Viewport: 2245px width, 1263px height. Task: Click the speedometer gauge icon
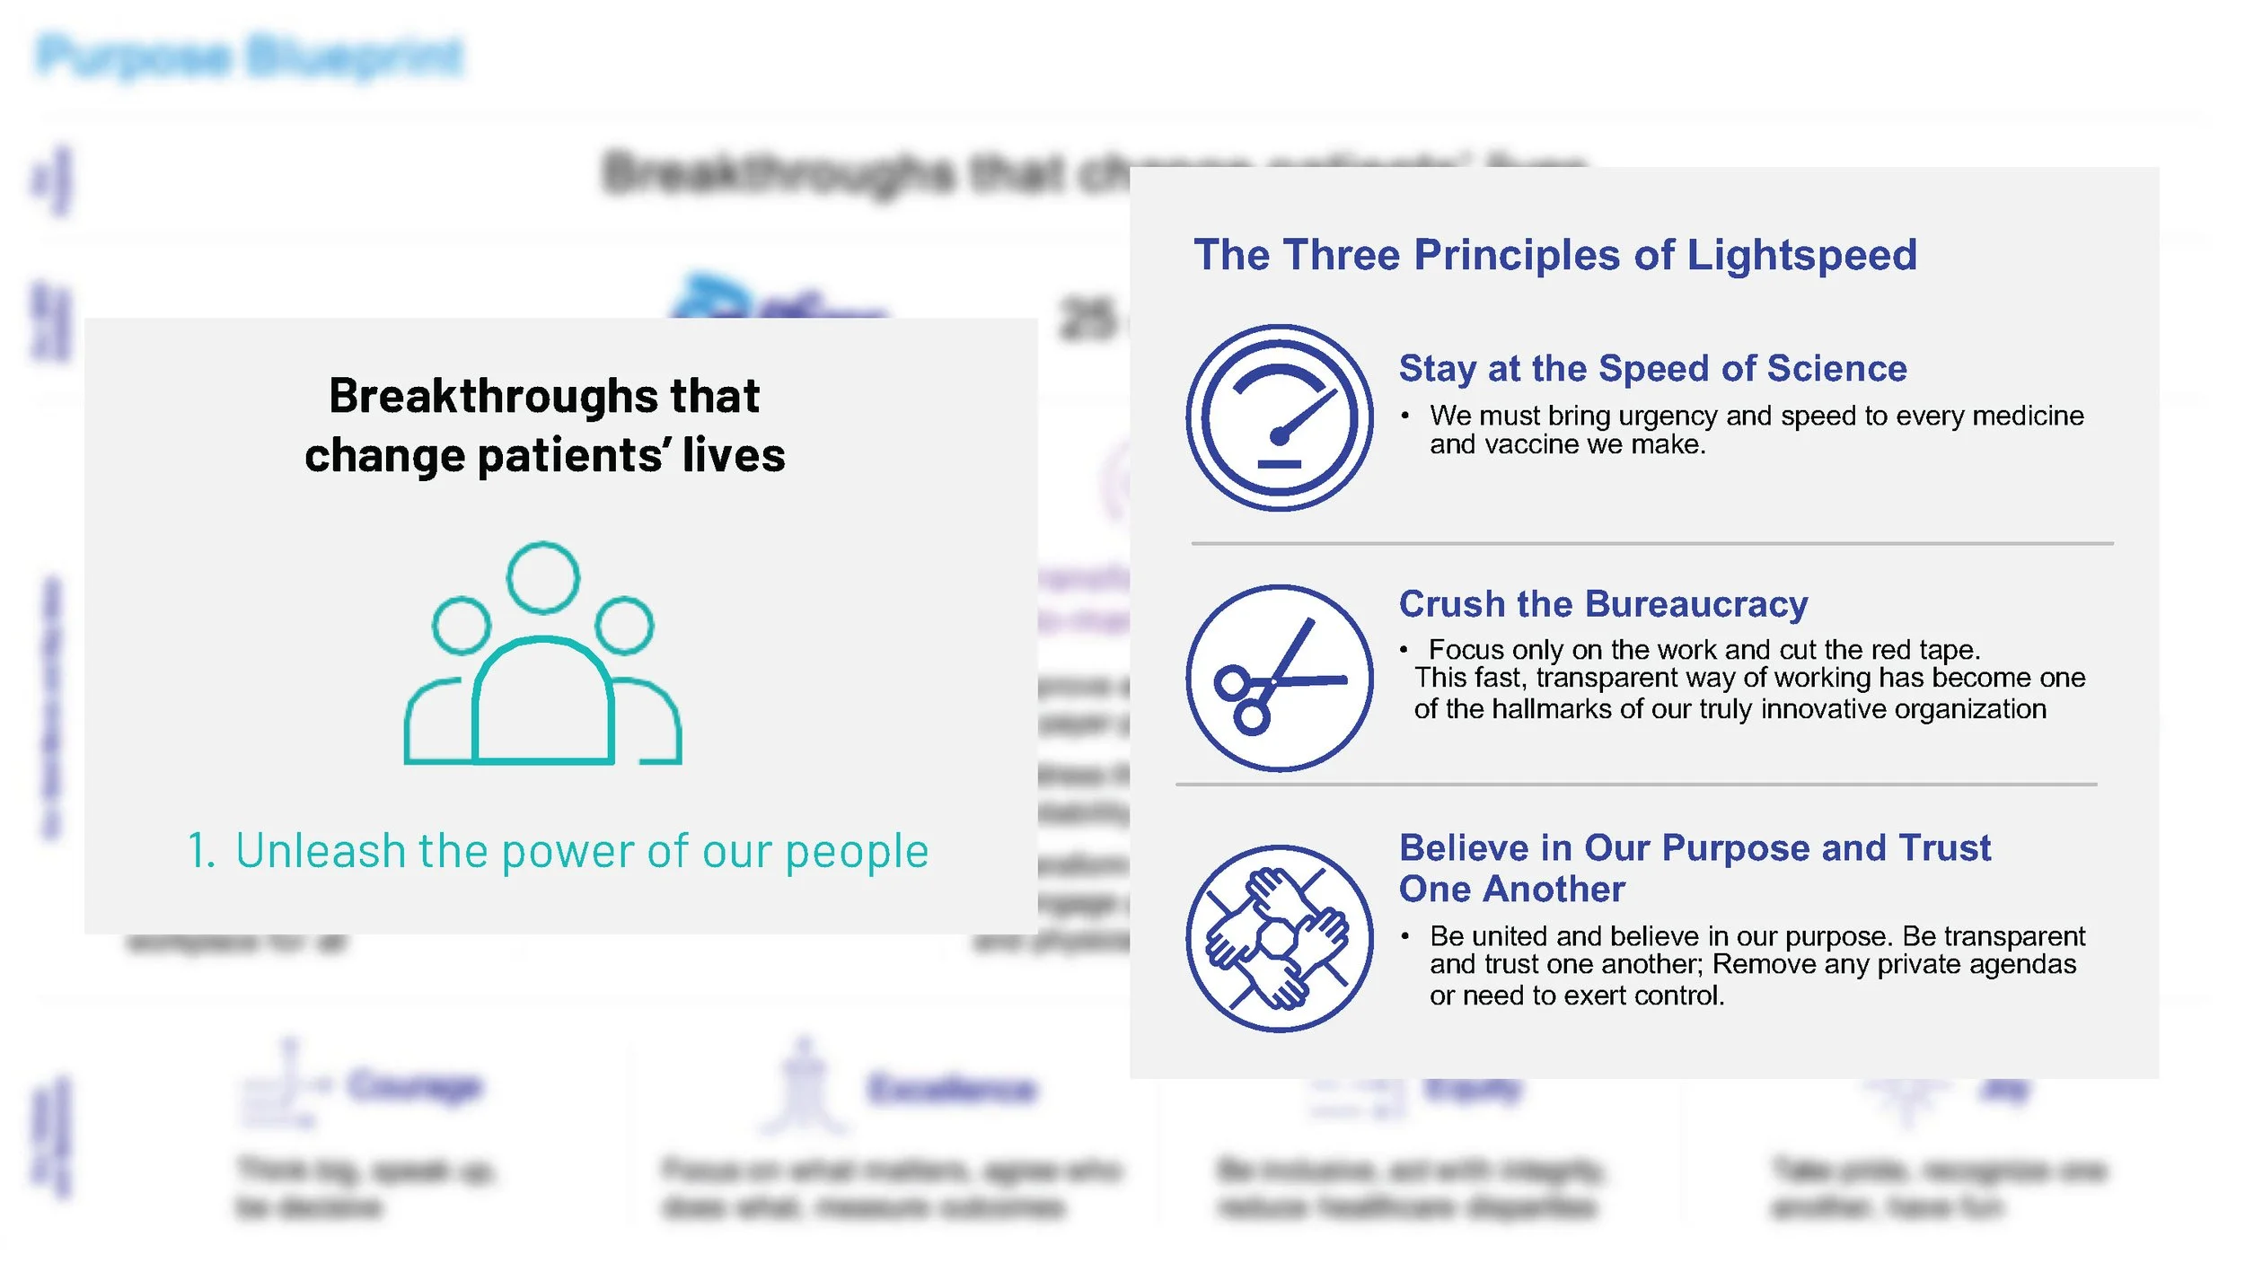[1279, 417]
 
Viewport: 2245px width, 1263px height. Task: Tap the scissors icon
[1279, 679]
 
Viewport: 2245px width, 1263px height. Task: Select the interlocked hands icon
[1279, 939]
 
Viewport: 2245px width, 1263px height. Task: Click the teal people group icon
[542, 655]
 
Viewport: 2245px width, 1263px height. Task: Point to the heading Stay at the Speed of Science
[1652, 369]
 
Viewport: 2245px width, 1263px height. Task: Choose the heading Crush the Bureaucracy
[1603, 604]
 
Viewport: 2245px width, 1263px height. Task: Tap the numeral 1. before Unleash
[201, 851]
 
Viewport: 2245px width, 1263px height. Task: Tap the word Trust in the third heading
[1945, 848]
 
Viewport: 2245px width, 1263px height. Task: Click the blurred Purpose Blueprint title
[251, 56]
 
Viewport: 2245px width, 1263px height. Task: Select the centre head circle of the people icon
[542, 577]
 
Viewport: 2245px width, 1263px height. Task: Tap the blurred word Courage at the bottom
[415, 1086]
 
